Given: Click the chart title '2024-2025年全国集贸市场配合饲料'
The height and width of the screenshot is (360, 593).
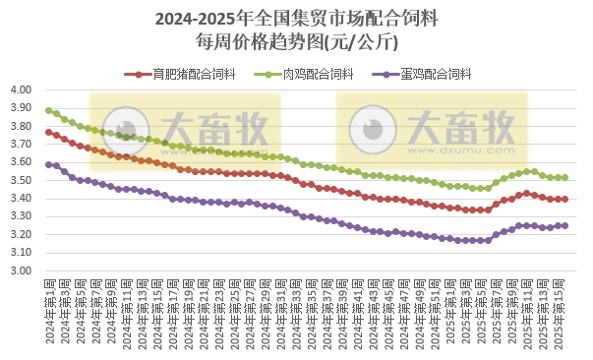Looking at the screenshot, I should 297,19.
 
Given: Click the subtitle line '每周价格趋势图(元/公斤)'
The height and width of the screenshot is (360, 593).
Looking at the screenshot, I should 297,41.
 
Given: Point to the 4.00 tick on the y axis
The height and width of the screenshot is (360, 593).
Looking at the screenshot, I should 23,90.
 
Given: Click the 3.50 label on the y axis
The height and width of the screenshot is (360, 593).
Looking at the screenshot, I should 23,180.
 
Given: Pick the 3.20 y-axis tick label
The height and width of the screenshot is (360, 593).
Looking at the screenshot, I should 23,235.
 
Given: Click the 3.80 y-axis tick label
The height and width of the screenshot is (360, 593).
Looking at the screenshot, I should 23,126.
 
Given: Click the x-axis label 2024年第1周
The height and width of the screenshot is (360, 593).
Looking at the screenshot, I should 49,310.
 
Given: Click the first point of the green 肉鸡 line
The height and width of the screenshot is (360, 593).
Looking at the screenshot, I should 48,110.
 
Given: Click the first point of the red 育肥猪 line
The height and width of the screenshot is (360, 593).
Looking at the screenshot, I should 48,132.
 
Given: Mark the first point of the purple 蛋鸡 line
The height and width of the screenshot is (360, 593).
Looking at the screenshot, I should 48,164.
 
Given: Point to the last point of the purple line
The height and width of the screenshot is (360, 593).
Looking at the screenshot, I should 564,225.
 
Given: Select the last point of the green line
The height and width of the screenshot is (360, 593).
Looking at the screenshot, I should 564,177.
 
